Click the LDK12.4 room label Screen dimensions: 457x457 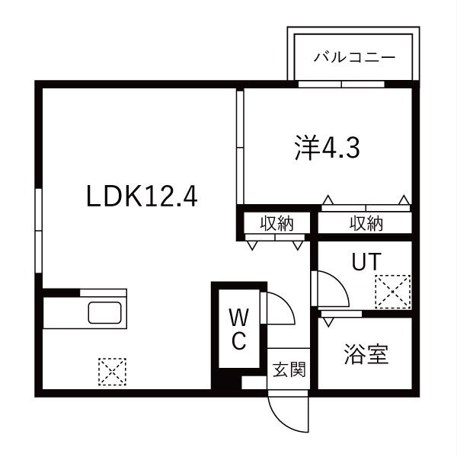point(142,197)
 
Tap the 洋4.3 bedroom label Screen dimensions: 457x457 point(327,148)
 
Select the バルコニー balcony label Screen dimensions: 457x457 point(354,57)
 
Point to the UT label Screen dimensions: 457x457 point(366,261)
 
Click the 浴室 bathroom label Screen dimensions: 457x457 point(366,354)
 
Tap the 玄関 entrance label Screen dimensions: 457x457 point(289,369)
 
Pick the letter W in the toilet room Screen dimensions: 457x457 point(239,317)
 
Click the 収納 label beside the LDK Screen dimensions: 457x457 point(276,223)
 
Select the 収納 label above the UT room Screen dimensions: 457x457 point(366,223)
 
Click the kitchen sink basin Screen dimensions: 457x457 point(104,312)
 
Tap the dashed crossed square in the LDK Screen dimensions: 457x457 point(112,372)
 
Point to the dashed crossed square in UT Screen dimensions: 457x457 point(393,292)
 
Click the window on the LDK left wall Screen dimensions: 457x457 point(38,231)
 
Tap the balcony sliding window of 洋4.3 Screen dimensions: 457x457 point(341,85)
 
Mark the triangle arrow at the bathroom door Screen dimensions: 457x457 point(328,322)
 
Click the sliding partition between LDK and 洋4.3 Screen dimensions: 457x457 point(240,147)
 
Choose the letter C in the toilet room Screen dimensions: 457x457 point(240,340)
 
